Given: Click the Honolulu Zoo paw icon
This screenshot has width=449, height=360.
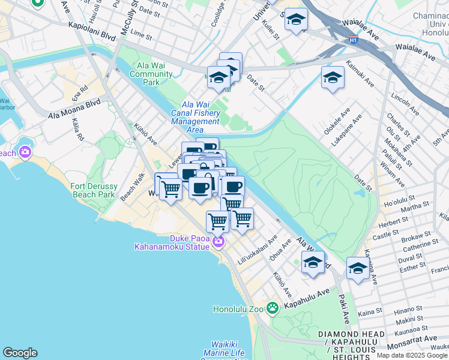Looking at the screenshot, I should (x=273, y=308).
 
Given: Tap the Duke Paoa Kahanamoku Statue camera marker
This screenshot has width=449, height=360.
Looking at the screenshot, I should (x=218, y=242).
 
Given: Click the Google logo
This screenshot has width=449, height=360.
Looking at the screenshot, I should (x=20, y=353).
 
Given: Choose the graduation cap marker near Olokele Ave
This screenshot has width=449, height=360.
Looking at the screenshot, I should (x=333, y=77).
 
